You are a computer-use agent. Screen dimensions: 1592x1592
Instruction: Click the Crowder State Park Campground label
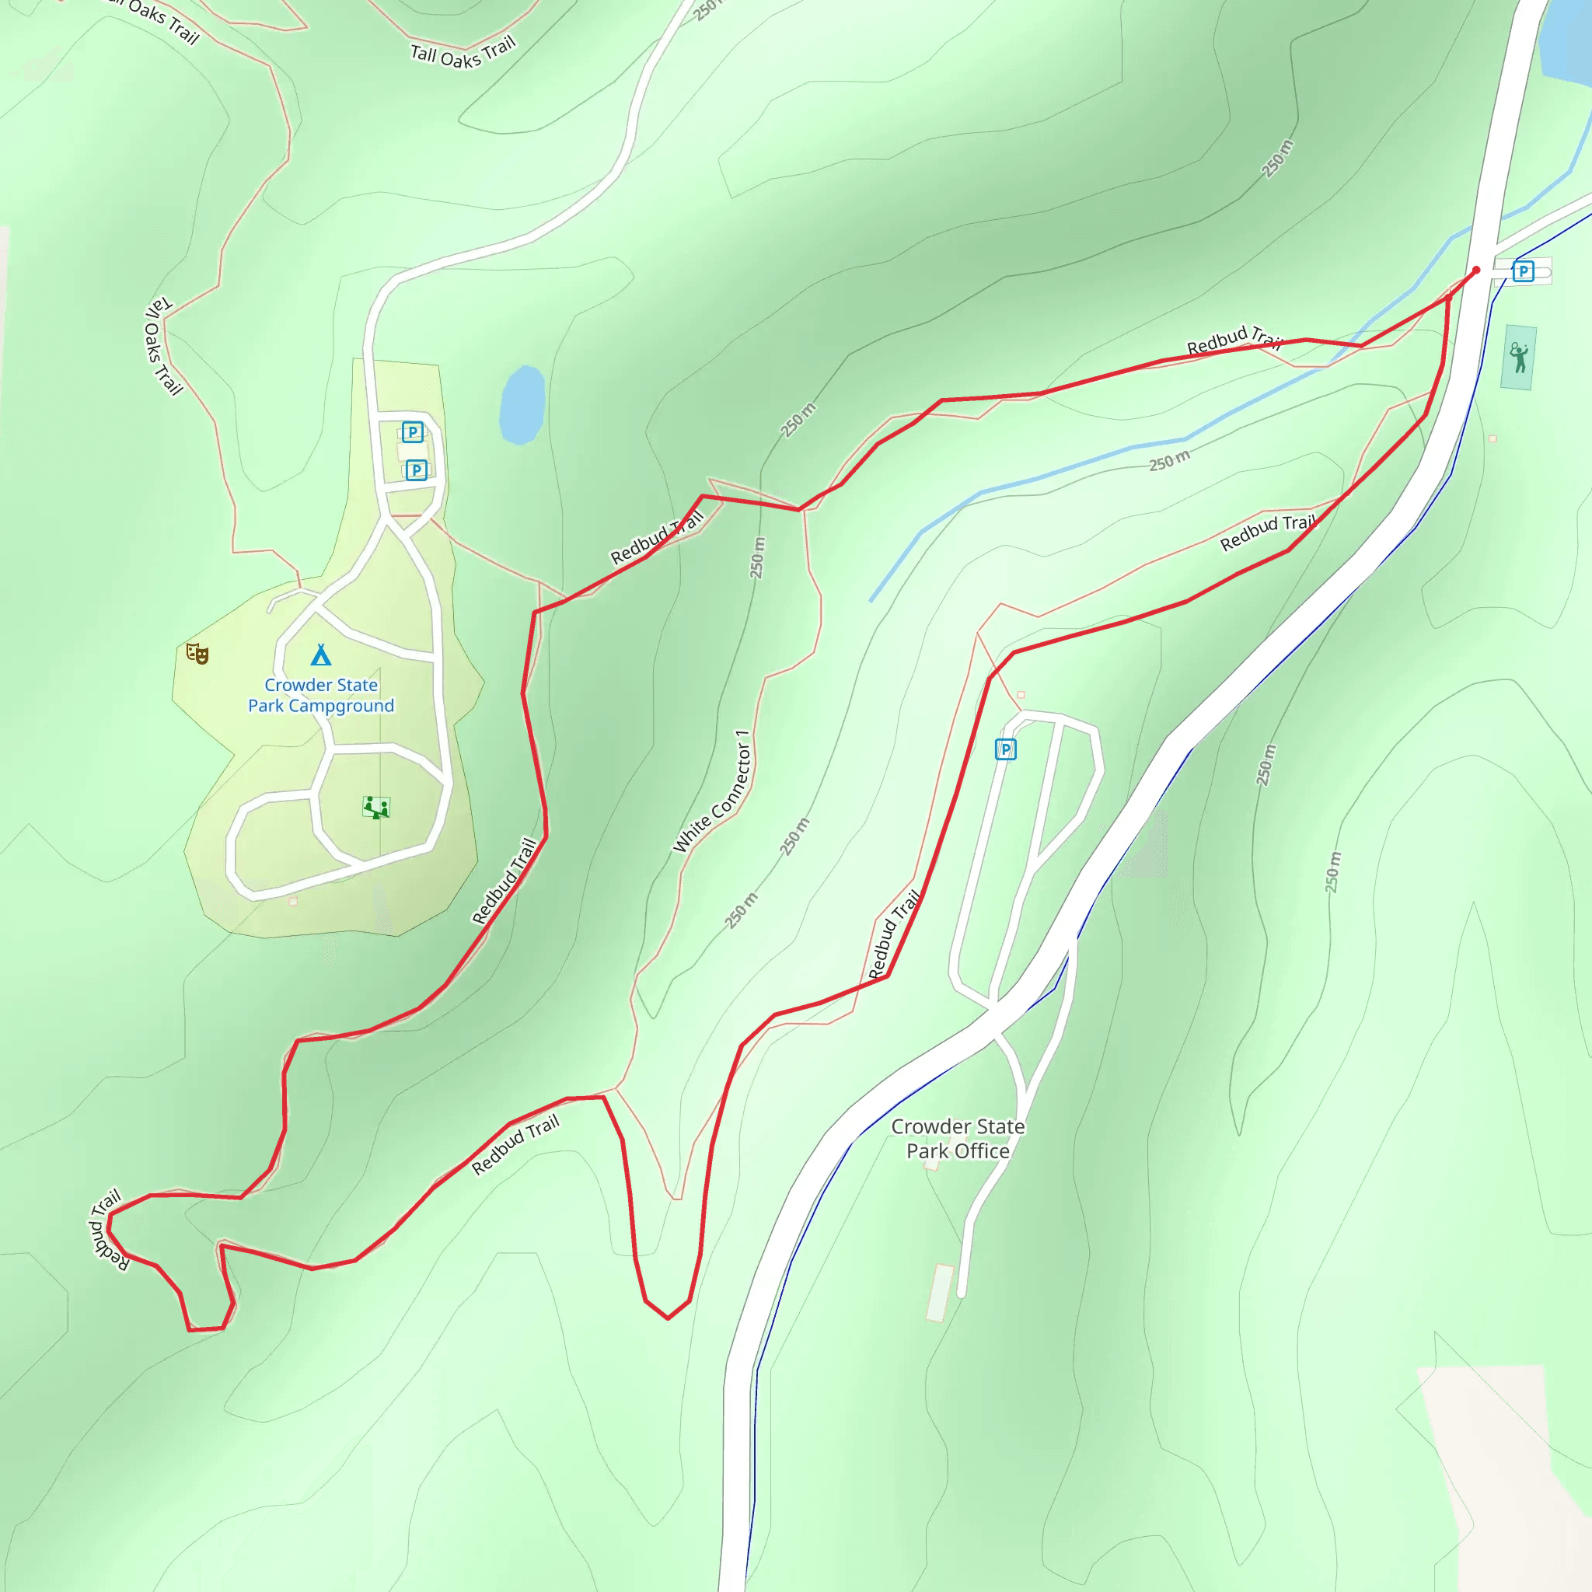(320, 695)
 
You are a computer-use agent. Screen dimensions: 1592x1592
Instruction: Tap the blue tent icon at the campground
(320, 655)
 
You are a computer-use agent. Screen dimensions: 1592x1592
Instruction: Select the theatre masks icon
(197, 654)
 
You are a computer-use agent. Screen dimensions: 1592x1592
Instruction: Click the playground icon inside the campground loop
(375, 807)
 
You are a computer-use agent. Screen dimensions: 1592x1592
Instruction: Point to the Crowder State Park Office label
(958, 1138)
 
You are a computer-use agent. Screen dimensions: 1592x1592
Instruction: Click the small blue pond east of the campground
(522, 404)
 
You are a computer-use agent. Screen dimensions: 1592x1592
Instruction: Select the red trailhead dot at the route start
(1476, 271)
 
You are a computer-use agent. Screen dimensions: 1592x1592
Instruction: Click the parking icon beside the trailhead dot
(1523, 271)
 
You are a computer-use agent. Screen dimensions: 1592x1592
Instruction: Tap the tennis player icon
(1519, 357)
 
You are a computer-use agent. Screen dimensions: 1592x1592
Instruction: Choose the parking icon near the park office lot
(1005, 749)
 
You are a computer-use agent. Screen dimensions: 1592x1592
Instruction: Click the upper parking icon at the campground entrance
(412, 431)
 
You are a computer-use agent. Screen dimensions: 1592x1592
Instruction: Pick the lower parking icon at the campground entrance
(416, 470)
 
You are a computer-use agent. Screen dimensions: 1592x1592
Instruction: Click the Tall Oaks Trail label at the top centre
(463, 53)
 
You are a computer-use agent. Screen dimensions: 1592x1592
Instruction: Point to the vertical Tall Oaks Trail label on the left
(162, 345)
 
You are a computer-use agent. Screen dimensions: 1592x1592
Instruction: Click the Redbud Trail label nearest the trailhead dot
(1234, 338)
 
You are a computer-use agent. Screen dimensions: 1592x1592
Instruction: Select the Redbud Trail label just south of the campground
(504, 881)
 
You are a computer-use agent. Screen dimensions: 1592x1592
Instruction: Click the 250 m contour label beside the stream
(1169, 460)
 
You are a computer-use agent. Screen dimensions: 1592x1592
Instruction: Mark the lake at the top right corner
(1566, 41)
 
